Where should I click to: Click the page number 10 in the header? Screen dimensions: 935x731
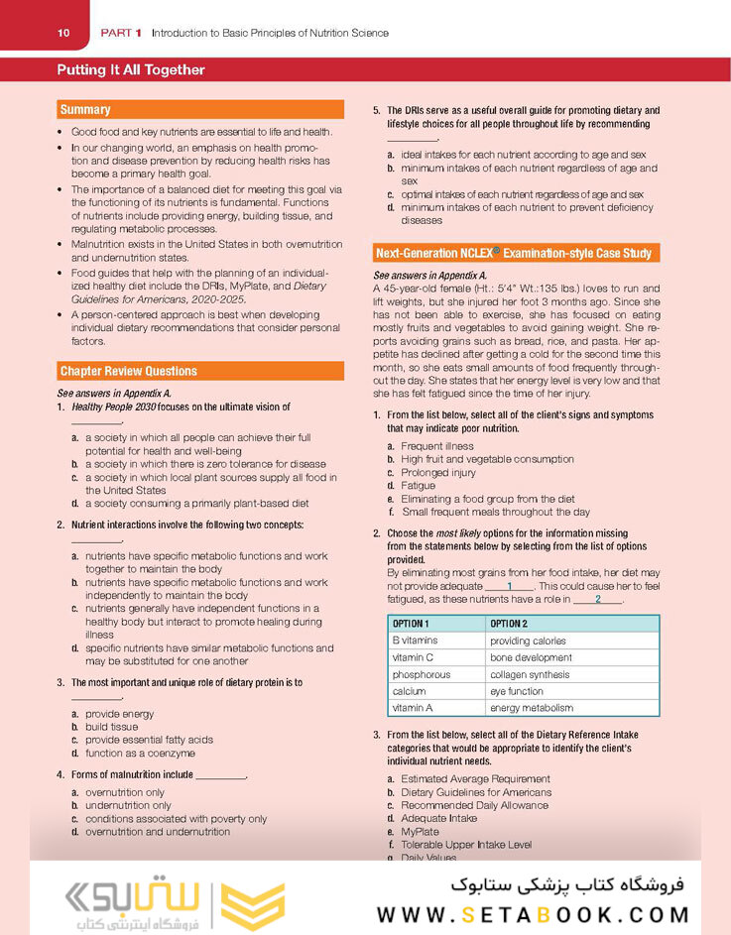click(63, 33)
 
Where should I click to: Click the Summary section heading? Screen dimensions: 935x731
click(85, 110)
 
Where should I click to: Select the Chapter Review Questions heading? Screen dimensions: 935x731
click(128, 371)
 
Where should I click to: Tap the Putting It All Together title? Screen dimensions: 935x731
click(131, 70)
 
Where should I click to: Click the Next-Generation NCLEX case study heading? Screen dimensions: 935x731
click(513, 253)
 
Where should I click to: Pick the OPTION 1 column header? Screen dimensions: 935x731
click(411, 624)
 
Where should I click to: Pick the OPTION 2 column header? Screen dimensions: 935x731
click(509, 624)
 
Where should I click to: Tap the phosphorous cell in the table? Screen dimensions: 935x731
click(422, 674)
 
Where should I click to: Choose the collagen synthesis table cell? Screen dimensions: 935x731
click(530, 674)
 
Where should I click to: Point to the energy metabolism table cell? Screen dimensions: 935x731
click(532, 708)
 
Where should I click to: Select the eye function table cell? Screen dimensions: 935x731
click(517, 691)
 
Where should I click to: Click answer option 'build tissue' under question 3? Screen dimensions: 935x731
click(111, 727)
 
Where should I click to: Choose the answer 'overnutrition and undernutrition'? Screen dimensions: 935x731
click(158, 832)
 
